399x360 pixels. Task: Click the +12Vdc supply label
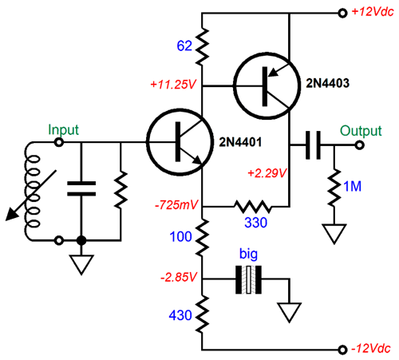click(373, 12)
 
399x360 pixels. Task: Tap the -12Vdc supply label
click(371, 348)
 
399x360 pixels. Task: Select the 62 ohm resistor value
click(184, 45)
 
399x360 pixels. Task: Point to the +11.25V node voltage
click(173, 85)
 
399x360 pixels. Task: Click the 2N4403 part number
click(327, 83)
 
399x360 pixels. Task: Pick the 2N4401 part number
click(240, 142)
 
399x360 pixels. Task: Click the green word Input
click(63, 130)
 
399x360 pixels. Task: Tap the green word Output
click(361, 131)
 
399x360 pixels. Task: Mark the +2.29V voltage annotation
click(267, 173)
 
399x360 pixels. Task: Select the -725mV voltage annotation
click(176, 205)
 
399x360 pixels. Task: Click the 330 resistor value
click(255, 223)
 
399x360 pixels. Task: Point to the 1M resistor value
click(353, 186)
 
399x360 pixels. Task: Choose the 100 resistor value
click(180, 236)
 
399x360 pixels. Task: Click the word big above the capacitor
click(248, 254)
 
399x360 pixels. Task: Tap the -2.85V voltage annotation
click(179, 277)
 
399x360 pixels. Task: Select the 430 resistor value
click(180, 315)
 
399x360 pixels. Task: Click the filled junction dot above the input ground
click(81, 240)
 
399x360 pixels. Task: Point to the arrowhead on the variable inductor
click(11, 215)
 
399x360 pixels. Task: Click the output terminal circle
click(360, 145)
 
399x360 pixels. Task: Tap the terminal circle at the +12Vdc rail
click(342, 13)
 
